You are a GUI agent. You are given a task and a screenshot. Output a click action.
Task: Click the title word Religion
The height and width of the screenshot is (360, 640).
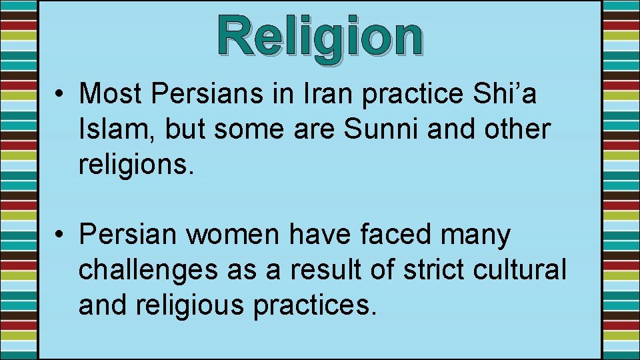coord(319,37)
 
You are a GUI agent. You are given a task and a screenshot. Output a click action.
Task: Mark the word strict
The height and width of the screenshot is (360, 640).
coord(435,270)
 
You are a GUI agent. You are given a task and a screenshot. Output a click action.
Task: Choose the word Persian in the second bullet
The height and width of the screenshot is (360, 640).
coord(128,235)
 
